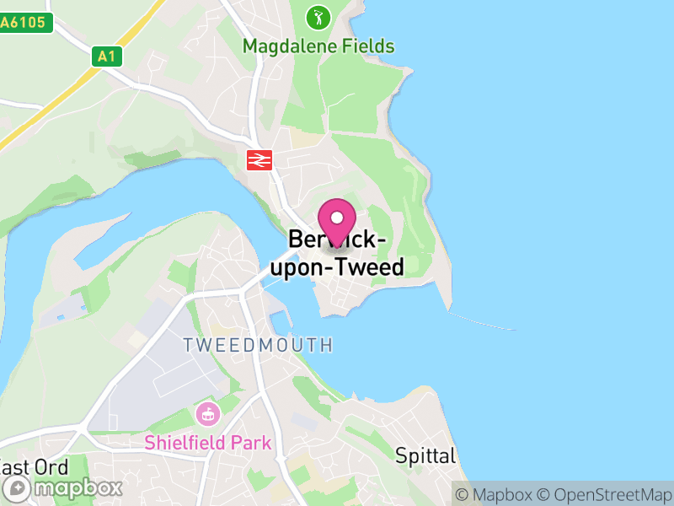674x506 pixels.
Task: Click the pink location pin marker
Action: coord(337,223)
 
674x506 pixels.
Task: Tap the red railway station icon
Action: coord(258,159)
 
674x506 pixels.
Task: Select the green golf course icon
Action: coord(318,17)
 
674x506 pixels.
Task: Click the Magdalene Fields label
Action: coord(318,46)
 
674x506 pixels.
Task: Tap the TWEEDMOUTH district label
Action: coord(258,345)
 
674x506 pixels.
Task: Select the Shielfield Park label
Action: coord(207,443)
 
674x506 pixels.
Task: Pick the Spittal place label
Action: coord(425,456)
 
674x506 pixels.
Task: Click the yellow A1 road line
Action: coord(51,101)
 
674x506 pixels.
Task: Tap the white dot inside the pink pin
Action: coord(337,217)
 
